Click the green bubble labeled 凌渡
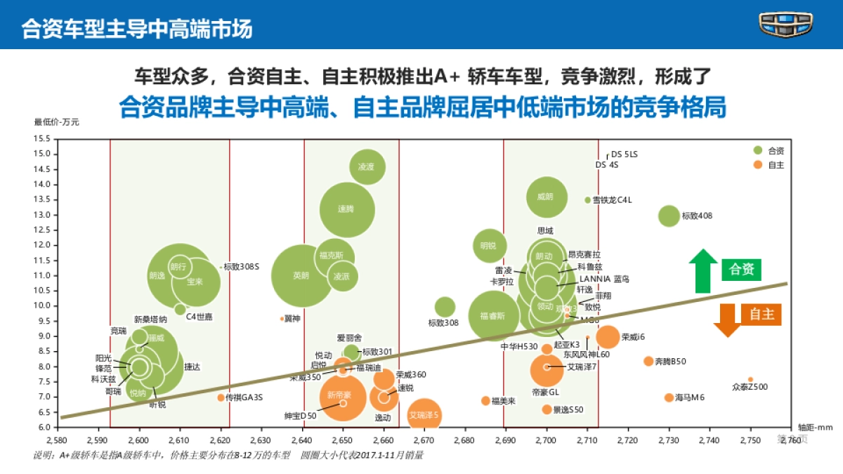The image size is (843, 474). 367,167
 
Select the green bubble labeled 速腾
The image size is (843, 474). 346,209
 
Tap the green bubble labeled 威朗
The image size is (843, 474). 546,197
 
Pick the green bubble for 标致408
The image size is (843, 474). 669,216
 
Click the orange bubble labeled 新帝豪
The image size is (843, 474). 343,396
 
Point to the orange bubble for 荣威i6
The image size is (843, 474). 608,337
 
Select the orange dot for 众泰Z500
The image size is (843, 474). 750,379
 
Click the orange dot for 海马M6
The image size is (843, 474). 669,397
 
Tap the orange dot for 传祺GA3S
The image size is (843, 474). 221,397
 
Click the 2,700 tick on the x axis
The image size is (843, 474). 546,440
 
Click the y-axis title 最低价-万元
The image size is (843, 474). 56,122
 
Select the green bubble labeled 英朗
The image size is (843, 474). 301,276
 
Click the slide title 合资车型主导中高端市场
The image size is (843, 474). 137,29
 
